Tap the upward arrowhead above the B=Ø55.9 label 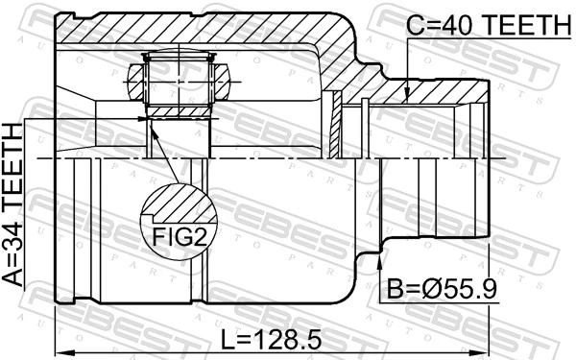click(382, 256)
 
